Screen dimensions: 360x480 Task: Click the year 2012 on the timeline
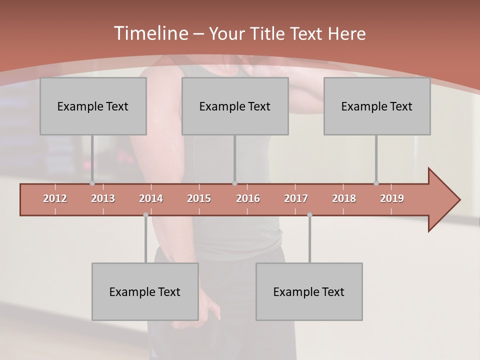click(55, 198)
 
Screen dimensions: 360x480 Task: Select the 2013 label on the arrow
click(103, 198)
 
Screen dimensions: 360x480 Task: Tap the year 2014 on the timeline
click(151, 198)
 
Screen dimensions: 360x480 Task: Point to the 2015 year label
click(199, 198)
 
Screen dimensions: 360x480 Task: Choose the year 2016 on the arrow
click(248, 198)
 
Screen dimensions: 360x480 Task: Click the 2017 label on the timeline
click(296, 198)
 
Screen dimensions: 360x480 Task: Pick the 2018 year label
click(344, 198)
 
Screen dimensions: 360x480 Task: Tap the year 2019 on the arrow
click(392, 198)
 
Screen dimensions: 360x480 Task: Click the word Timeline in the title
click(150, 33)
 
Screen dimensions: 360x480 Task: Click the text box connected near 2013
click(93, 106)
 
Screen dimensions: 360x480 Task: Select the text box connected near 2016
click(235, 106)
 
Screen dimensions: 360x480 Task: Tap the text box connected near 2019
click(377, 106)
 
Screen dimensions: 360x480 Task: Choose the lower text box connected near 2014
click(145, 291)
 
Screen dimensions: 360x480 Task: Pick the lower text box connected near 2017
click(309, 291)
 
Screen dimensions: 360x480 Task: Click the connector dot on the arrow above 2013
click(92, 183)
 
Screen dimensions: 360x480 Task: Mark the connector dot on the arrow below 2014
click(145, 215)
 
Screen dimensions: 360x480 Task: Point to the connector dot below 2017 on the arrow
click(309, 215)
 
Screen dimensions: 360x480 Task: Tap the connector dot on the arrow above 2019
click(376, 183)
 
